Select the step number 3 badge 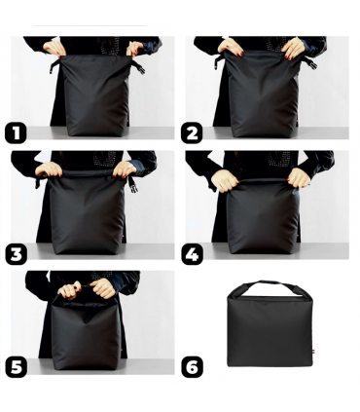coord(16,254)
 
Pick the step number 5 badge coord(16,367)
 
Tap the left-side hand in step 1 coord(54,46)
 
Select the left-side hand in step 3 coord(45,169)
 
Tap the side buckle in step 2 coord(311,61)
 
